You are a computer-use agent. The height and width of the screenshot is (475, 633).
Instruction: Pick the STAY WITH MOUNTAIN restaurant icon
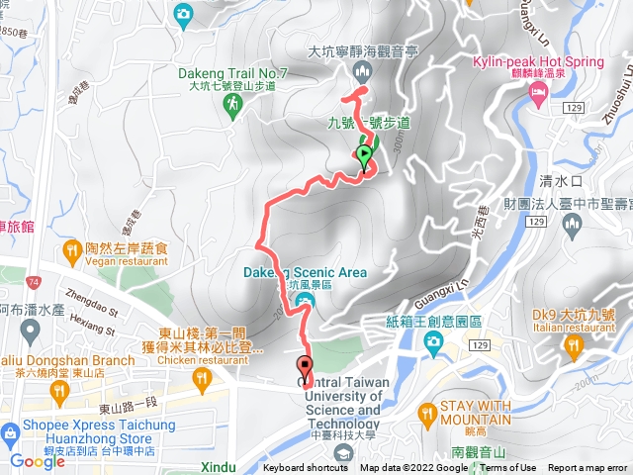428,411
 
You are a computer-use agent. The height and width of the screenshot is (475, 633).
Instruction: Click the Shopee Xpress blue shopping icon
11,432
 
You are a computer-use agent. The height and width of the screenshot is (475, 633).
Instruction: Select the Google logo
37,461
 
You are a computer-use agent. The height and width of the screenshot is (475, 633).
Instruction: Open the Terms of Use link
508,468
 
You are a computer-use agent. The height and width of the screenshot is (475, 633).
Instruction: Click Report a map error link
588,468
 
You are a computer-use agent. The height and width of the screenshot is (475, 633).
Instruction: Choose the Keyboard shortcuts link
305,468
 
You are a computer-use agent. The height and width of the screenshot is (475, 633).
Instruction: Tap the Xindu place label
217,467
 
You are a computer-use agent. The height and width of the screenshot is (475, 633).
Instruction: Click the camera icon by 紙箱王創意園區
432,342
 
